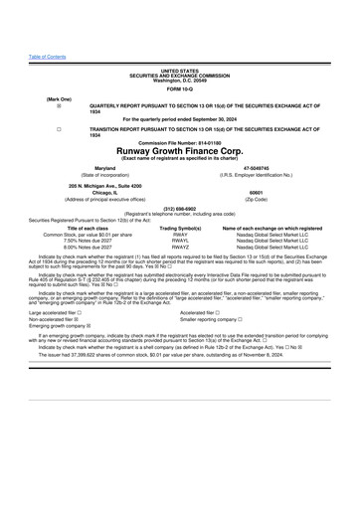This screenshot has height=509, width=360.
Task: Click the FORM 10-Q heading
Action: (x=179, y=62)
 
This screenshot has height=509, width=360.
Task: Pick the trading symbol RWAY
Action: (x=180, y=235)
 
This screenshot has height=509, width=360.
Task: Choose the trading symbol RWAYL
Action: (x=180, y=242)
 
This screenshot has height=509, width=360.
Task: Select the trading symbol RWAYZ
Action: (x=180, y=249)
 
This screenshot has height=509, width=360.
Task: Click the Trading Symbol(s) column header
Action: (x=180, y=228)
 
